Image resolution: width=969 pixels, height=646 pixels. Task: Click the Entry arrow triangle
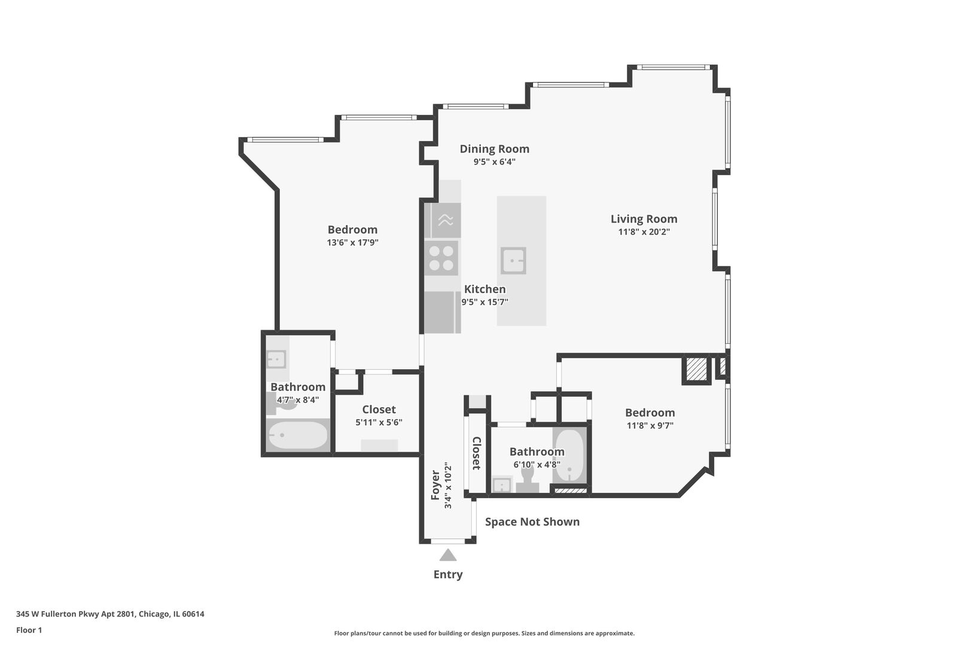pos(448,555)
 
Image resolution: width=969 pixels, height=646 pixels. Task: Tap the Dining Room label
pos(494,149)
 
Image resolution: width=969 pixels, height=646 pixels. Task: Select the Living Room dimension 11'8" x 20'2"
pos(644,232)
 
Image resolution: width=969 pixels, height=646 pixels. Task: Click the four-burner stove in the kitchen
pos(441,258)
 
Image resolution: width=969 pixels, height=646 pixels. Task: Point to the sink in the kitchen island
pos(513,261)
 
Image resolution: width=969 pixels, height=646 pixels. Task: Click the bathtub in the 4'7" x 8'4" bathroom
pos(297,435)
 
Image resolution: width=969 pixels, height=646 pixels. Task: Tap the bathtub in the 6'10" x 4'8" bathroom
pos(568,456)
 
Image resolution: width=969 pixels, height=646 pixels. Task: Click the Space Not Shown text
pos(532,522)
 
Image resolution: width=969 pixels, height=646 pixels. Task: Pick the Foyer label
pos(435,485)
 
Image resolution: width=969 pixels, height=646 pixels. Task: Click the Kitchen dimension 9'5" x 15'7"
pos(484,303)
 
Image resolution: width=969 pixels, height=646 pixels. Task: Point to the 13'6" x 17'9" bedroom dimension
pos(352,243)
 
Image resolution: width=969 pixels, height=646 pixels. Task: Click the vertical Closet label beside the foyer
pos(477,453)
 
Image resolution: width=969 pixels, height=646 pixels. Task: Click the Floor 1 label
pos(29,630)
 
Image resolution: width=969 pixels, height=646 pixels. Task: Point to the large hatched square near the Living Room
pos(696,369)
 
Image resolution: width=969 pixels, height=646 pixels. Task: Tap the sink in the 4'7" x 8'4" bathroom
pos(276,359)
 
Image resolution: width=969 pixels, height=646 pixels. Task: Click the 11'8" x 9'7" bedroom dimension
pos(650,426)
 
